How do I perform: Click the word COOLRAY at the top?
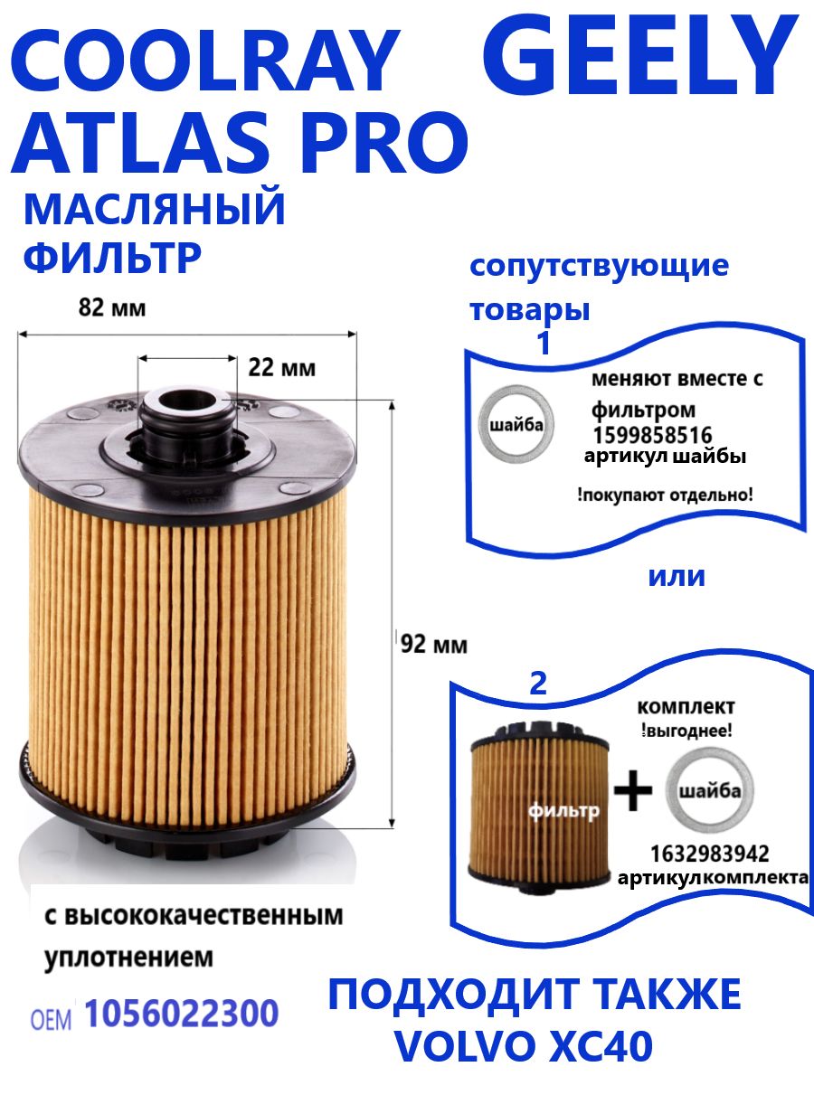(x=203, y=63)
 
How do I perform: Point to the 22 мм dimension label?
(x=281, y=368)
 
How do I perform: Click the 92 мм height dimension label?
(x=435, y=645)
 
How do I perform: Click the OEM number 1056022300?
(x=181, y=1015)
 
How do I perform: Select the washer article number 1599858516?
(x=652, y=435)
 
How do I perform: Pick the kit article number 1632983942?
(x=710, y=854)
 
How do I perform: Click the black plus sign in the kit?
(x=633, y=793)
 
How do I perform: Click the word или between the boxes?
(x=676, y=576)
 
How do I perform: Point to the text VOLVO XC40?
(x=524, y=1046)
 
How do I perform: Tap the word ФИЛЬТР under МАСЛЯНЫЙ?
(x=111, y=258)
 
